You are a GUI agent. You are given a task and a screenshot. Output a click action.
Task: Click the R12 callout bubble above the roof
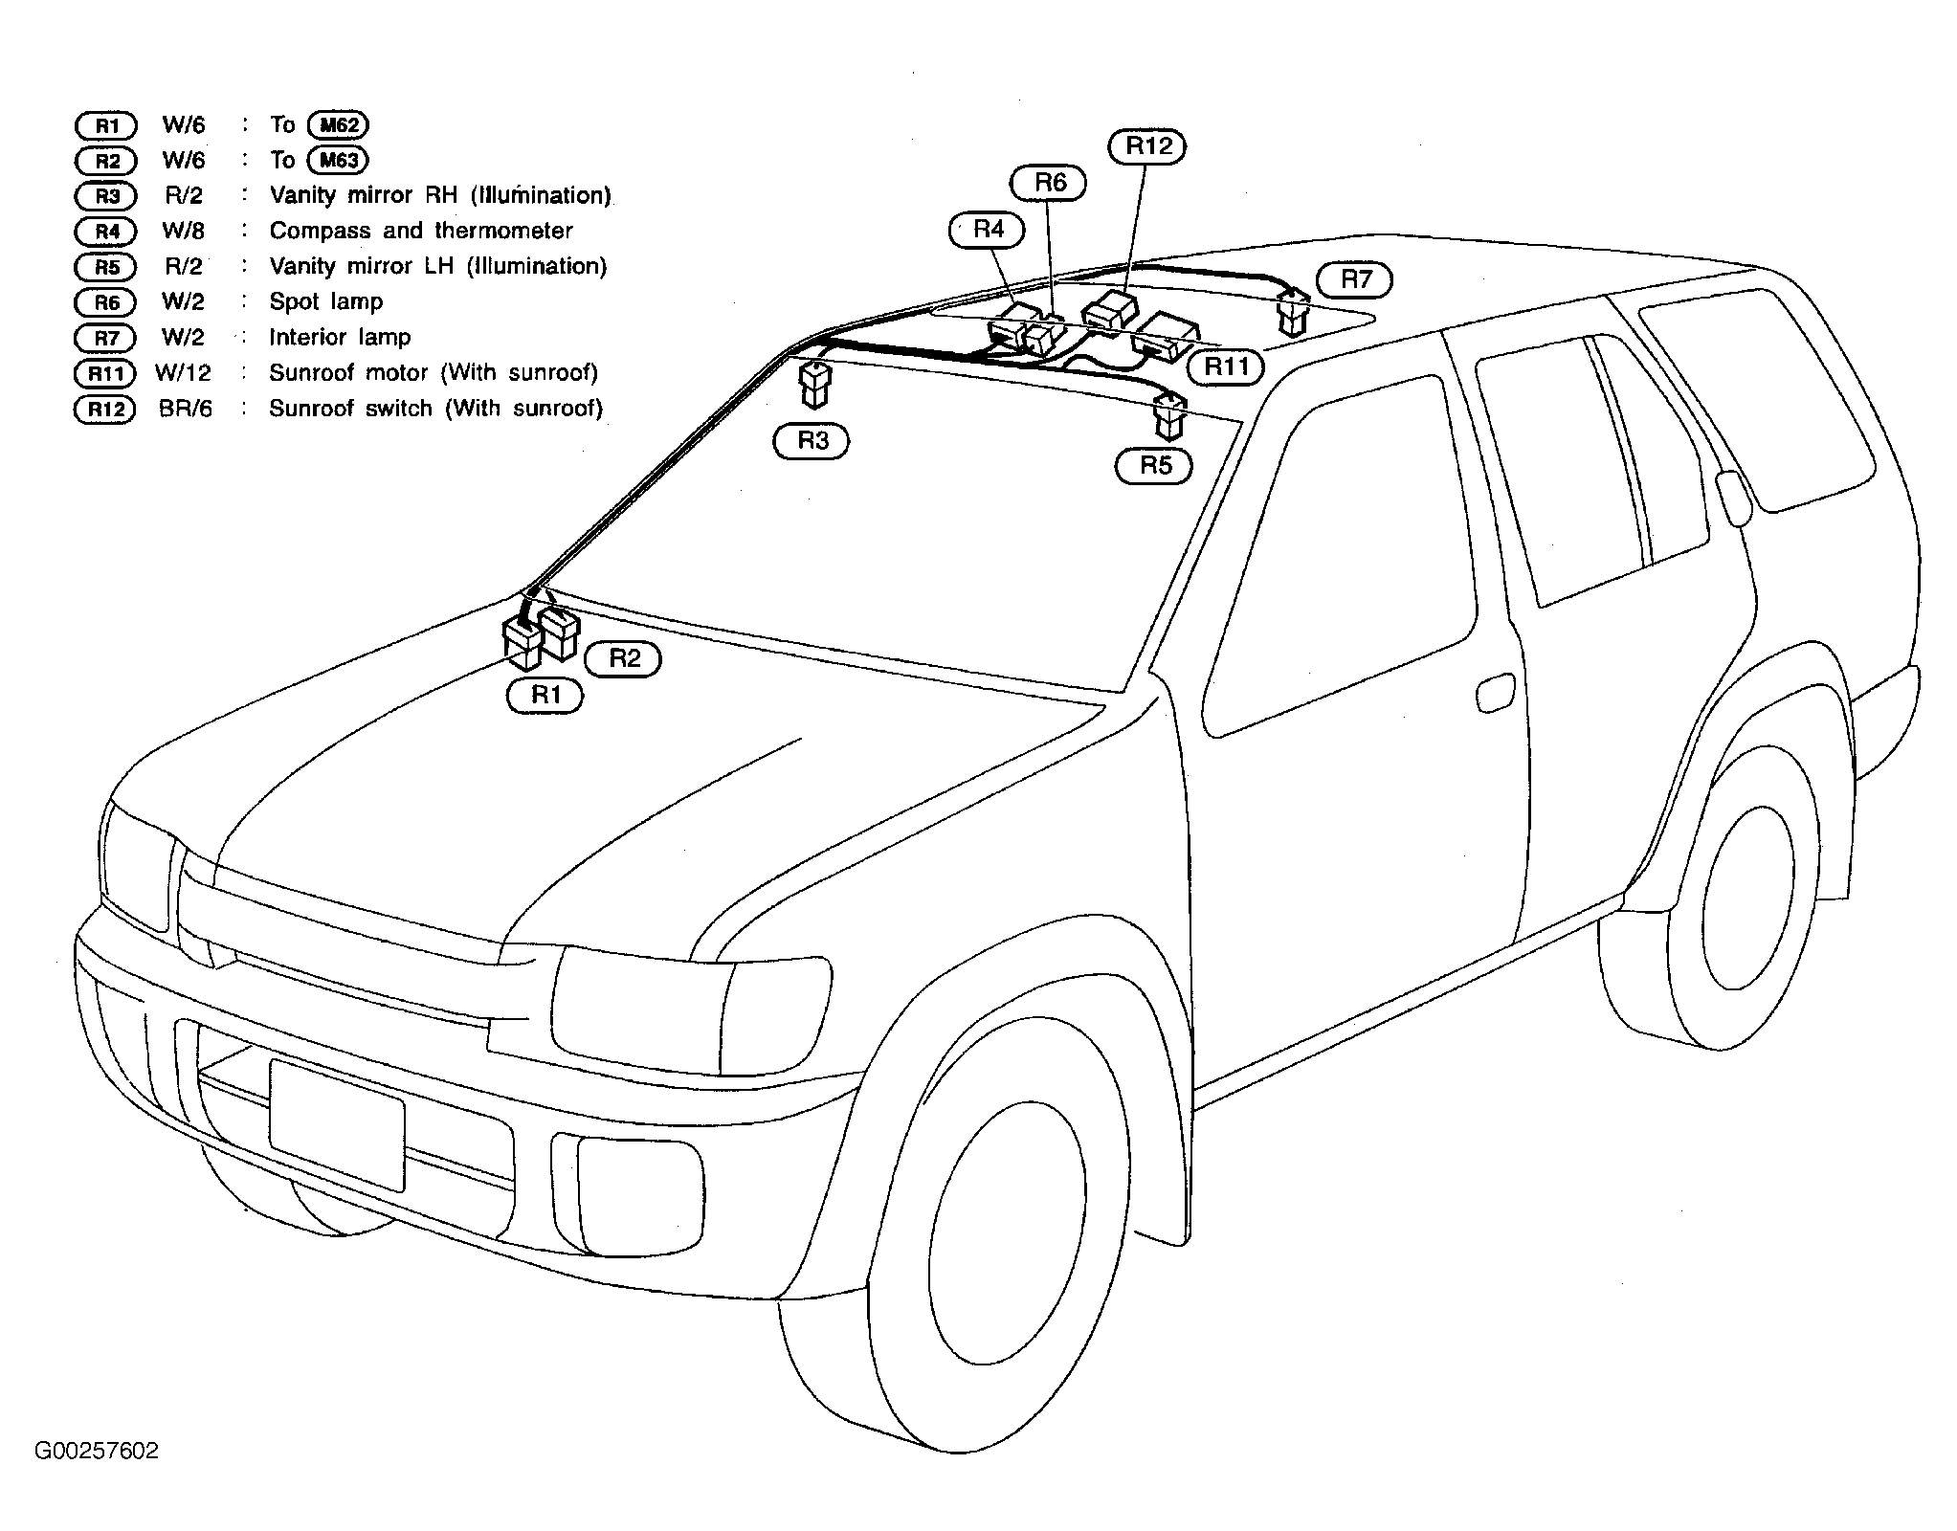click(1147, 146)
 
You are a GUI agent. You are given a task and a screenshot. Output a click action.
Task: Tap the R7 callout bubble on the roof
click(1355, 279)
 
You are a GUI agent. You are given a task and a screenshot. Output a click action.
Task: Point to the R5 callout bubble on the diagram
click(1154, 465)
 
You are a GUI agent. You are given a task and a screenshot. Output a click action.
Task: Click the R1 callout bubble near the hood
click(545, 695)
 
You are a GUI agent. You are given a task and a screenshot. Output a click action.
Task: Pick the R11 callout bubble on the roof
click(1226, 366)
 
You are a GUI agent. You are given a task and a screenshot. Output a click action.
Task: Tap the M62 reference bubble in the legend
click(339, 124)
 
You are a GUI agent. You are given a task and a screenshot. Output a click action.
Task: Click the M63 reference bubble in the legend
click(339, 160)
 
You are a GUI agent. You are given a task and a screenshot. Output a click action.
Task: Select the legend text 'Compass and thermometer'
click(421, 231)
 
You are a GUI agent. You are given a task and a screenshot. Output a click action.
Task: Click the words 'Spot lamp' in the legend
click(325, 302)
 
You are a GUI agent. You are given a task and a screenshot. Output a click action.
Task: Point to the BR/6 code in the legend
click(186, 409)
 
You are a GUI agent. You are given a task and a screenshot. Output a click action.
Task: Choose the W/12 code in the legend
click(183, 372)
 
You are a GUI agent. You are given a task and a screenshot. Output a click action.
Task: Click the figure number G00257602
click(97, 1451)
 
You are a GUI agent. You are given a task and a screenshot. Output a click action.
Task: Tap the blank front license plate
click(337, 1125)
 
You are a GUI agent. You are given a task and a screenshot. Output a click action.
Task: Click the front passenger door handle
click(1495, 693)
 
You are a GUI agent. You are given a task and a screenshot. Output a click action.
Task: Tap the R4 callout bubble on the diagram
click(987, 230)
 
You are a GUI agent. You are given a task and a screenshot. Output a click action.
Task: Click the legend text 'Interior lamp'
click(340, 337)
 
